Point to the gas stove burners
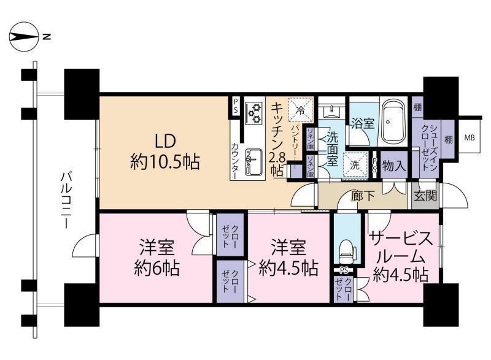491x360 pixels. coord(255,113)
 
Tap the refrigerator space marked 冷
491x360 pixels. coord(301,109)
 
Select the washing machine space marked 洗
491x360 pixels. coord(355,165)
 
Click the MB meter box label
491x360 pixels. coord(470,137)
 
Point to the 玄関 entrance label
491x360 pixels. coord(425,196)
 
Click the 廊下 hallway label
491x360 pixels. coord(363,196)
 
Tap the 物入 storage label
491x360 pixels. coord(394,166)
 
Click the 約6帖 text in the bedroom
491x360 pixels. coord(157,268)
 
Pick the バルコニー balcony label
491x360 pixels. coord(66,200)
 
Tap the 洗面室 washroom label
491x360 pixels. coord(332,148)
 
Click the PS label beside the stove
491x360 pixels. coord(236,106)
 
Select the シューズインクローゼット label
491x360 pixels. coord(429,147)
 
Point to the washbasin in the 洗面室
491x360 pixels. coord(331,111)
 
